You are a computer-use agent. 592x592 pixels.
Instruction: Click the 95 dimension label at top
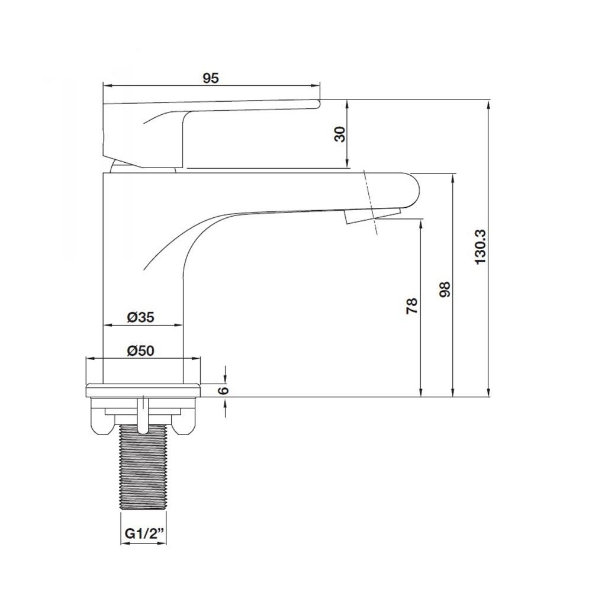pos(211,78)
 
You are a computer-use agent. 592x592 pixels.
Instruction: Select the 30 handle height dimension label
pos(340,134)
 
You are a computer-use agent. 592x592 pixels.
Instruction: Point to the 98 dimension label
pos(446,289)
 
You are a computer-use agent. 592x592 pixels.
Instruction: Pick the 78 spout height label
pos(412,306)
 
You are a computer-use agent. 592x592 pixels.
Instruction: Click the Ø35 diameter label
pos(141,317)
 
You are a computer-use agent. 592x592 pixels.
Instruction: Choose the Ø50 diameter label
pos(141,350)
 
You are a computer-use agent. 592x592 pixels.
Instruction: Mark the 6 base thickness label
pos(224,390)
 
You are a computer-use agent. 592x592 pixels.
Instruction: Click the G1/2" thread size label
pos(144,534)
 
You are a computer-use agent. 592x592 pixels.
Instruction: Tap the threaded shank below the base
pos(143,467)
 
